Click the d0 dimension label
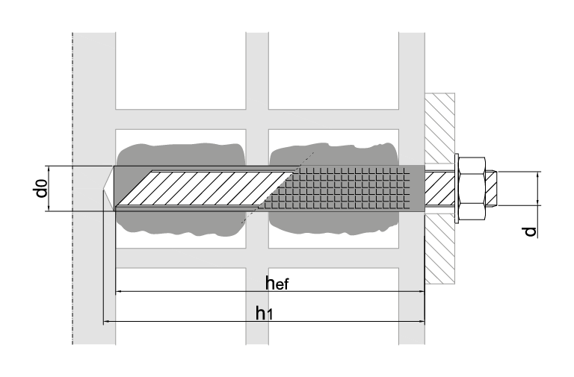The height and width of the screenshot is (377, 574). tap(42, 188)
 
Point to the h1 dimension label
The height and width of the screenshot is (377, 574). tap(263, 313)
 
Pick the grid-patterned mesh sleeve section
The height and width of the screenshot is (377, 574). tap(351, 187)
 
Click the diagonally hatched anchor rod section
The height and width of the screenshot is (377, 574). tap(209, 187)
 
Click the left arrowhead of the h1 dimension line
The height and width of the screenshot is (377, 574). tap(106, 322)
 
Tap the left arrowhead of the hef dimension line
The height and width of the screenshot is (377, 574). tap(118, 291)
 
